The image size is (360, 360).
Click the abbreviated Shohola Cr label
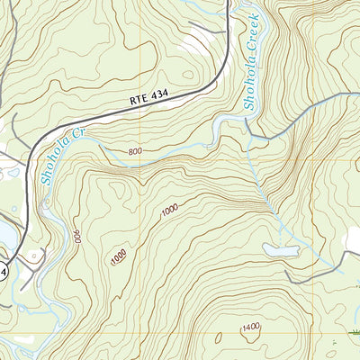tap(57, 158)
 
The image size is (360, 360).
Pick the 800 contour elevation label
tap(136, 152)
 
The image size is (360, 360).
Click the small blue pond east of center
tap(281, 249)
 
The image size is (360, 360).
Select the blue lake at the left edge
tap(4, 236)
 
